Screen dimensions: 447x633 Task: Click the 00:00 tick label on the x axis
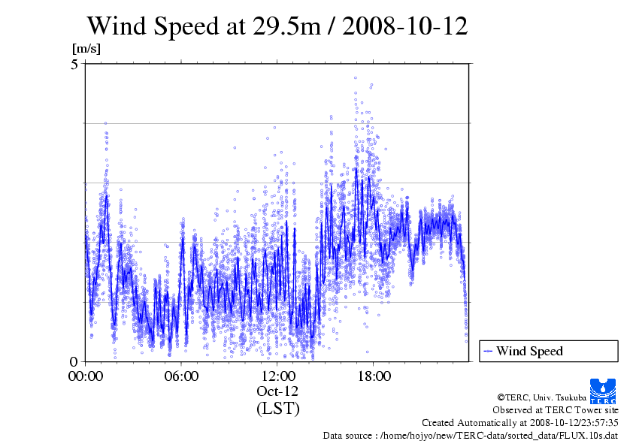pos(85,376)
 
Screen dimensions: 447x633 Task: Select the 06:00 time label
pos(181,376)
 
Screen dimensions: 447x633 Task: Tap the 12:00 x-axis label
pos(277,376)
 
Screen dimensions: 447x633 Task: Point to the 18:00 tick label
pos(374,376)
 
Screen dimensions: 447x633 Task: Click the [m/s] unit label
pos(86,48)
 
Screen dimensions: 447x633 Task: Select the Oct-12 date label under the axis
pos(277,391)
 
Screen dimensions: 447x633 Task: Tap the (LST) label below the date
pos(277,409)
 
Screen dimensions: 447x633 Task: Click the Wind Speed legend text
pos(529,351)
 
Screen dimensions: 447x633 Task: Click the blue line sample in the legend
pos(488,351)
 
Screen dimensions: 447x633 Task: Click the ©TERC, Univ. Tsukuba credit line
pos(558,397)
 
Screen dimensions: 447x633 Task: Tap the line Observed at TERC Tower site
pos(556,410)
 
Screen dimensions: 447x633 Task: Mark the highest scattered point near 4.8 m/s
pos(356,77)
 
